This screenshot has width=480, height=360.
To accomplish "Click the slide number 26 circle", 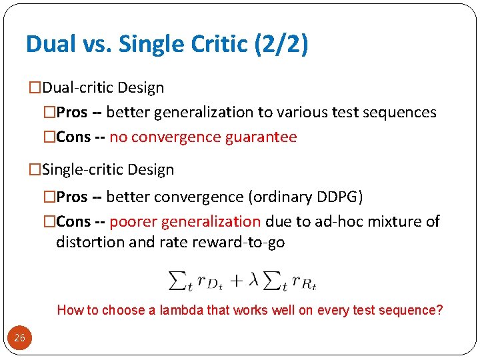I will (x=19, y=338).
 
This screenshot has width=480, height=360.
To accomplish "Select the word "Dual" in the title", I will (x=50, y=44).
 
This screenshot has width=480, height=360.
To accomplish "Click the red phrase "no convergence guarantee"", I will (x=203, y=137).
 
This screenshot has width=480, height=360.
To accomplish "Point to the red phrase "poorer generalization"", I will (x=185, y=221).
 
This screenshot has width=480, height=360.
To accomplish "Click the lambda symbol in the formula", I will (x=253, y=280).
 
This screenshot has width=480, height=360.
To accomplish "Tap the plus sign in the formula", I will (x=236, y=280).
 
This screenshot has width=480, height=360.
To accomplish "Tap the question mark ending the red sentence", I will (x=439, y=310).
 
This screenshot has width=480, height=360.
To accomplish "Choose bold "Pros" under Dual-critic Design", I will (x=72, y=113).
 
